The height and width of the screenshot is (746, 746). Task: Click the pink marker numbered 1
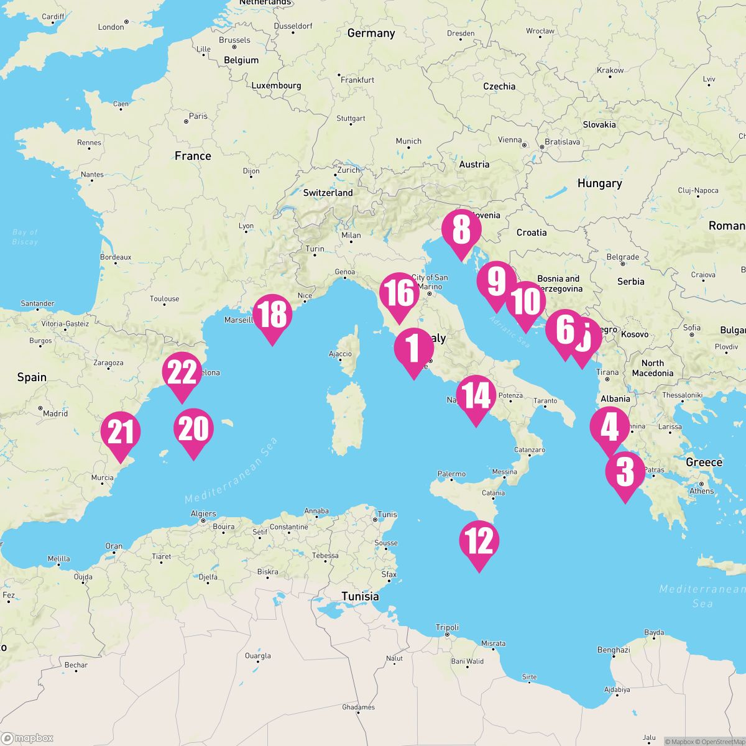pos(413,348)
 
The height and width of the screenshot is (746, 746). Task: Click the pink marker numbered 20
pos(193,428)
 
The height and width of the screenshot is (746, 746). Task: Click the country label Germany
pos(371,33)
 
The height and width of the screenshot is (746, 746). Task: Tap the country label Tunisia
pos(360,596)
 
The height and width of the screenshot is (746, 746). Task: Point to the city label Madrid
pos(55,413)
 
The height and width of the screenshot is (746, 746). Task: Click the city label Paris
pos(198,116)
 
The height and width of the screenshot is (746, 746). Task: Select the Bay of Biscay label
pos(25,237)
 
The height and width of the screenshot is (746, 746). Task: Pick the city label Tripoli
pos(447,627)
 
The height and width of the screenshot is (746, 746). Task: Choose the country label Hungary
pos(599,183)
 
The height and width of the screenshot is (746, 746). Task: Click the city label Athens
pos(701,490)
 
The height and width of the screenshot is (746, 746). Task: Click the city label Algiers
pos(203,513)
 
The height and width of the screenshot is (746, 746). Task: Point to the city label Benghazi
pos(614,650)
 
